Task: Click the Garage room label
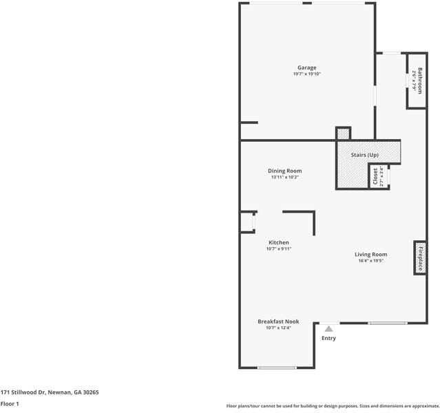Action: (307, 67)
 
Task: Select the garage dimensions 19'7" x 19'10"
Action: (307, 74)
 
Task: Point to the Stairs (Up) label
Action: (364, 155)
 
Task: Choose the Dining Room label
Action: (284, 171)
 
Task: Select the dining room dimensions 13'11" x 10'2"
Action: (284, 177)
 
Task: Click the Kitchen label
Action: (278, 242)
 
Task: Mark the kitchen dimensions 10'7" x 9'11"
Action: (278, 248)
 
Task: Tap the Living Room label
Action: (370, 254)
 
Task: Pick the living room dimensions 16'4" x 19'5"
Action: (370, 261)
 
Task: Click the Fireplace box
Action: (419, 257)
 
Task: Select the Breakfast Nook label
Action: (278, 321)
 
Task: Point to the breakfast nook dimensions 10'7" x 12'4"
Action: (278, 328)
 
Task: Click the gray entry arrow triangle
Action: (329, 329)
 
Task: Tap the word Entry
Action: (329, 338)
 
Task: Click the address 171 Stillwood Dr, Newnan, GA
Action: (50, 392)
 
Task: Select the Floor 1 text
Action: (10, 404)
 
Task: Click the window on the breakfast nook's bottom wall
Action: (277, 368)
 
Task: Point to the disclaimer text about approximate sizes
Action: (333, 405)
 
